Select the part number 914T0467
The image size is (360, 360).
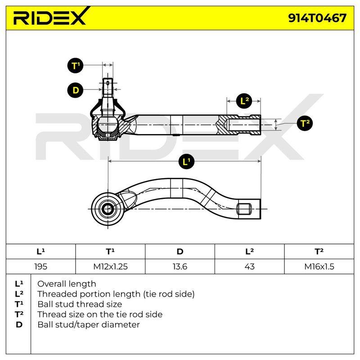(317, 18)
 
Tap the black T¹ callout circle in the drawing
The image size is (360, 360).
(75, 66)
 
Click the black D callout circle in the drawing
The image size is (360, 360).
(75, 90)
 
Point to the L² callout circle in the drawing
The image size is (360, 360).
(244, 101)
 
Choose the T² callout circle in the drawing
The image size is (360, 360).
(305, 123)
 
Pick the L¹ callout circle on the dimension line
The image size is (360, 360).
(186, 162)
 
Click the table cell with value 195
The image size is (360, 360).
(40, 266)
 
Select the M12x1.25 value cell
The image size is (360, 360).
(110, 266)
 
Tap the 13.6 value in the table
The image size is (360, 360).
(180, 266)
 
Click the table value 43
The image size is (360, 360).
(250, 266)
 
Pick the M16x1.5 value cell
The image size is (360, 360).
(319, 266)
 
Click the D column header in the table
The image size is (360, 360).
(180, 252)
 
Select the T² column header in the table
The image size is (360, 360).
(319, 252)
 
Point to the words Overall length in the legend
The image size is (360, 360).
(67, 284)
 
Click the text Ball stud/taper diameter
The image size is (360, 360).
(89, 324)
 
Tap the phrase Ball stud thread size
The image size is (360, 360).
(80, 304)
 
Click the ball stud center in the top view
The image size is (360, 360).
(108, 209)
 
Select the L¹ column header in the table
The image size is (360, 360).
(40, 252)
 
